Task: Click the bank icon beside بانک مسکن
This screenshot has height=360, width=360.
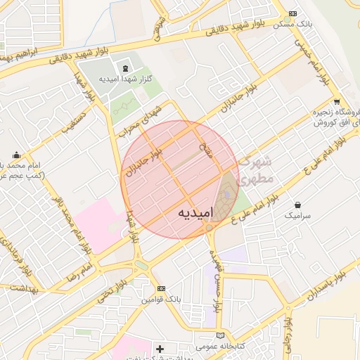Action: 292,13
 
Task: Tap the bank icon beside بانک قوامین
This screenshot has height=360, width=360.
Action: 162,288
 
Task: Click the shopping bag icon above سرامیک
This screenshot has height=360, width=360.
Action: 297,204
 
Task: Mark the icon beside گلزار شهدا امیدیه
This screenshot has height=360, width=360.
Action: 125,68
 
